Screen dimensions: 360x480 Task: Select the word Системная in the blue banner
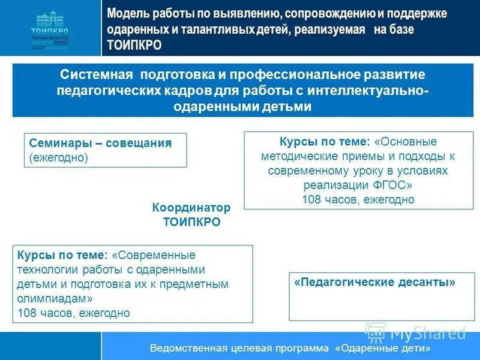pyautogui.click(x=97, y=74)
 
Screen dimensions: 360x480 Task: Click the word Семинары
pyautogui.click(x=59, y=143)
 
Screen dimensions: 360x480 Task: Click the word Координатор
pyautogui.click(x=191, y=207)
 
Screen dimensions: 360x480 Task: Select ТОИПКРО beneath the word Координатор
pyautogui.click(x=191, y=222)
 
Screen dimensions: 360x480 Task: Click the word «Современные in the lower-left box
pyautogui.click(x=154, y=255)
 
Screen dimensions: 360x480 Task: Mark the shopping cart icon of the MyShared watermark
pyautogui.click(x=375, y=331)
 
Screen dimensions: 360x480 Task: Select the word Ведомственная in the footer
pyautogui.click(x=188, y=349)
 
